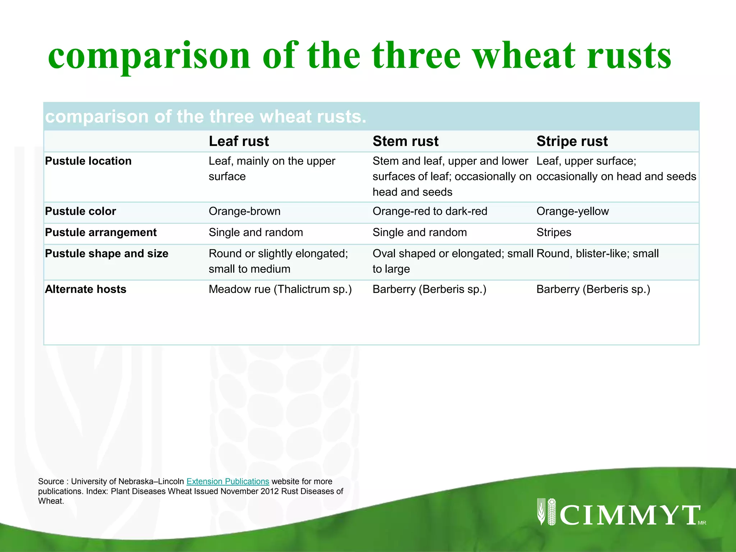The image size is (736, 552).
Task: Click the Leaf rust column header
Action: (239, 141)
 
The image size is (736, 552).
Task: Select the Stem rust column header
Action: (405, 141)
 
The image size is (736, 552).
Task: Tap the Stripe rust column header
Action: (572, 141)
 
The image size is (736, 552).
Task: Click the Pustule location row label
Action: (88, 161)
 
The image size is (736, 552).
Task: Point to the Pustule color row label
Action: (80, 211)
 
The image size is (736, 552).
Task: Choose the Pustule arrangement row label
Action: (101, 233)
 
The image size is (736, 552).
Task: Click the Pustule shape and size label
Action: (106, 254)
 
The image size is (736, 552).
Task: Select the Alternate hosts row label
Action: (86, 289)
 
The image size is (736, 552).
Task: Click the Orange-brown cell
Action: (244, 211)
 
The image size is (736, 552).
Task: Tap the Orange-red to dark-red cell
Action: (430, 211)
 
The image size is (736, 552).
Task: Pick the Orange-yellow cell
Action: (572, 211)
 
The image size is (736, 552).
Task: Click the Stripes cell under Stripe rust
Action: (554, 233)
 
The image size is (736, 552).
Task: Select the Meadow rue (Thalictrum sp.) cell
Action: (280, 289)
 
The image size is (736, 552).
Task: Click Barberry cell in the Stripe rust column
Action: (593, 289)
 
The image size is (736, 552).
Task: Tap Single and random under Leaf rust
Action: (256, 233)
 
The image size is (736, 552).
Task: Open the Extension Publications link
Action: (227, 482)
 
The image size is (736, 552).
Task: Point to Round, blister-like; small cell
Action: (597, 254)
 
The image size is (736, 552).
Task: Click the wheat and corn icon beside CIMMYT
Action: (547, 512)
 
